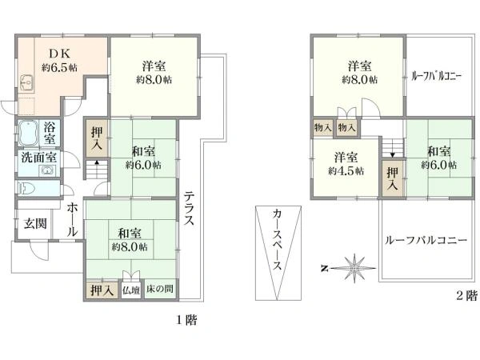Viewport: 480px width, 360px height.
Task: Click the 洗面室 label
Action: (38, 157)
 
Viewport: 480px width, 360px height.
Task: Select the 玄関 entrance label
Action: (34, 223)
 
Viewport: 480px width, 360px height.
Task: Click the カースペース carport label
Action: (276, 242)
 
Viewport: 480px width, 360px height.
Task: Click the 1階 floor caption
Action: (186, 320)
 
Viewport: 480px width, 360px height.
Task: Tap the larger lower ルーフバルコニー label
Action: (426, 240)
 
